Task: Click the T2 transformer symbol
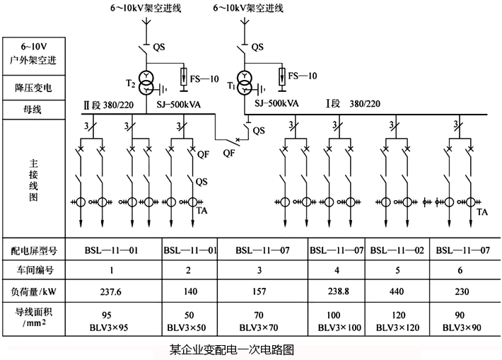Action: (x=146, y=83)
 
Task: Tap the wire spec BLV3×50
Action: (x=188, y=327)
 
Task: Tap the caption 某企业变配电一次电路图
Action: (x=231, y=349)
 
